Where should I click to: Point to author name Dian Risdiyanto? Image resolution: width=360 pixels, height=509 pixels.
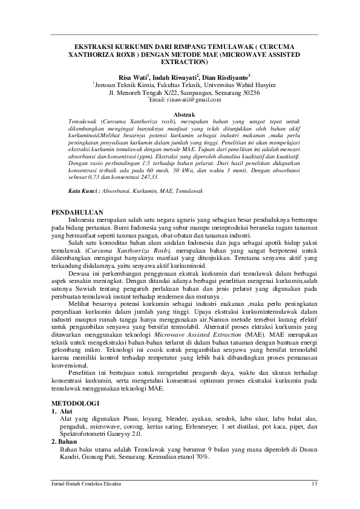tap(220, 78)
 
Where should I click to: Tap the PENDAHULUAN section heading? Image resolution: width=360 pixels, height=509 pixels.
tap(77, 212)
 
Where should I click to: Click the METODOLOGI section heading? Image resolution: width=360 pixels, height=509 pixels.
tap(74, 402)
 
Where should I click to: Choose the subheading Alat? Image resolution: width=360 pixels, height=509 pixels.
tap(65, 410)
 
